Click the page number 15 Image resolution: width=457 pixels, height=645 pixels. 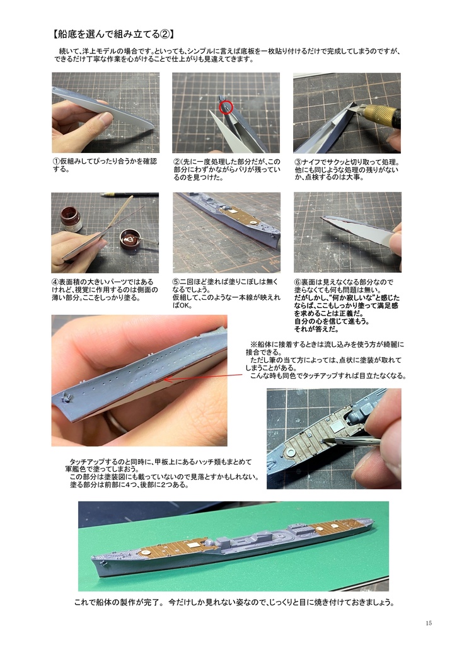(x=429, y=623)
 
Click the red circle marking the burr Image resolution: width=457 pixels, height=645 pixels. (x=226, y=107)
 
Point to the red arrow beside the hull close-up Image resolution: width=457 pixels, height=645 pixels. (x=203, y=377)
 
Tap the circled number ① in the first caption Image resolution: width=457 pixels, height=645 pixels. (x=56, y=161)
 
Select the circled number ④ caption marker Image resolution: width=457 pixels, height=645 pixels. (x=55, y=282)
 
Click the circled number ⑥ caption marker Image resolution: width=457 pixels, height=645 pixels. (x=298, y=282)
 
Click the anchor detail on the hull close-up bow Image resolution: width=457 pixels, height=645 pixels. (x=67, y=398)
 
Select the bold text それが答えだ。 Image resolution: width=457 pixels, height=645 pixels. (x=316, y=329)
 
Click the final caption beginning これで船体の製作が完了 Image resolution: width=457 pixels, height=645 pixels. (x=234, y=603)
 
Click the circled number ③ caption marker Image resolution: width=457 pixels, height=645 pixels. (x=298, y=162)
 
